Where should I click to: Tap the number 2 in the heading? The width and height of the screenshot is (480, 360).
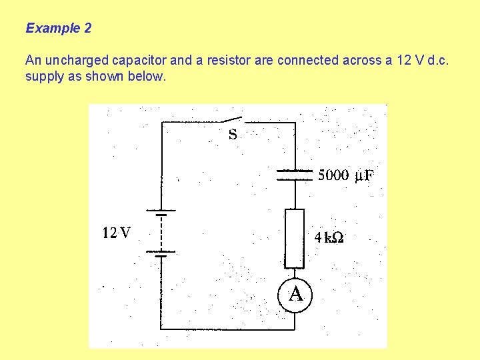(x=88, y=29)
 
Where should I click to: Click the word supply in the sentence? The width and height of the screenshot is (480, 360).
(x=44, y=77)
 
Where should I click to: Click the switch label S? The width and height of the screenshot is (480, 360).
(x=233, y=135)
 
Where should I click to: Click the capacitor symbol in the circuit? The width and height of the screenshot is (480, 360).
(x=294, y=175)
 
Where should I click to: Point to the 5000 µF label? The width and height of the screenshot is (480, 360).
(x=346, y=176)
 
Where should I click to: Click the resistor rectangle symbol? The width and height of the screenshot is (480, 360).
(x=294, y=238)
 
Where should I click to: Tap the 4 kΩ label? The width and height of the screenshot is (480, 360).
(x=329, y=237)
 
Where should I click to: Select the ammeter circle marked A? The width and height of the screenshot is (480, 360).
(x=295, y=294)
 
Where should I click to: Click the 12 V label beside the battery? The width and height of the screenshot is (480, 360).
(x=117, y=233)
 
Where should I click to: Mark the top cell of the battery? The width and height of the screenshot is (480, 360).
(x=161, y=213)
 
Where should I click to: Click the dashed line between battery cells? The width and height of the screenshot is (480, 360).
(x=161, y=233)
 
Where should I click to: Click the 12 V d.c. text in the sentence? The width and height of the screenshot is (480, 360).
(x=418, y=61)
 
